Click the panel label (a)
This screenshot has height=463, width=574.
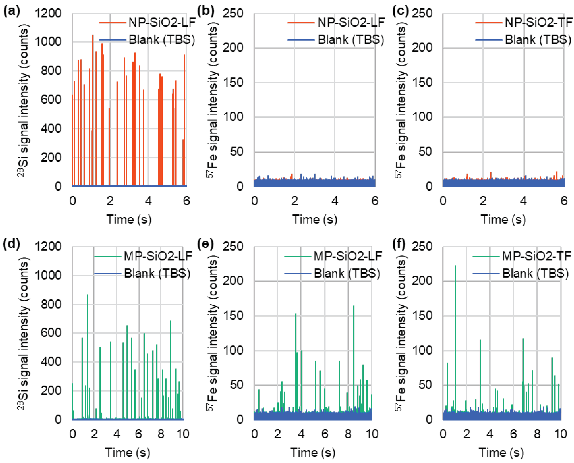tap(11, 12)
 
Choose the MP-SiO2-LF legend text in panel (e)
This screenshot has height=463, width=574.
tap(347, 256)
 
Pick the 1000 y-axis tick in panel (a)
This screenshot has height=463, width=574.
tap(48, 42)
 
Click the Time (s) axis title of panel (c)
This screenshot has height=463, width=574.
tap(503, 219)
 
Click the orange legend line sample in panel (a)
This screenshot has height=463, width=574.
tap(112, 23)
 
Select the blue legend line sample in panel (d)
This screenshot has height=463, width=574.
tap(108, 274)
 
